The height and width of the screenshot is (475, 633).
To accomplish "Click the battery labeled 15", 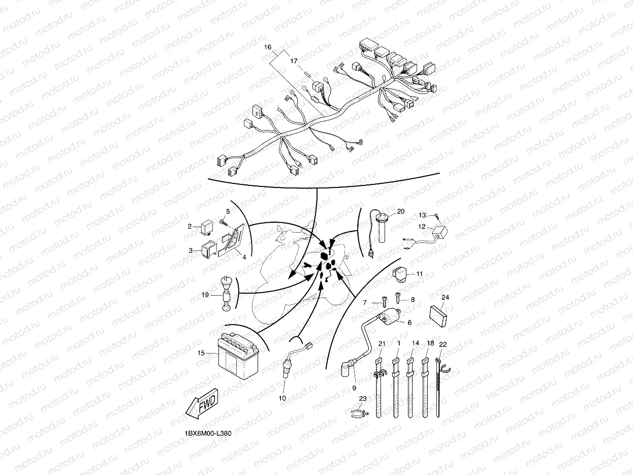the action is (x=238, y=357).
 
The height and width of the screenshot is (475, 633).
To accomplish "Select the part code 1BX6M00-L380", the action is (x=208, y=433).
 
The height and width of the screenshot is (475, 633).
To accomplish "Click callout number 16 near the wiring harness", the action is (x=268, y=47).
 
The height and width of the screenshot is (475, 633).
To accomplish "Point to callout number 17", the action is (x=294, y=61).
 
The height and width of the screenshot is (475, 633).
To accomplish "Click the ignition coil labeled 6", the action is (x=390, y=316).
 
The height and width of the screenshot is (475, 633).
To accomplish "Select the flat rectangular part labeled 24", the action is (x=438, y=316).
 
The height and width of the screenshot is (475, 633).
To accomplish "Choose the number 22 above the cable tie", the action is (x=442, y=344).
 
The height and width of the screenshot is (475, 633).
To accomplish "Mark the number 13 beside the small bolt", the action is (x=422, y=215).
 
